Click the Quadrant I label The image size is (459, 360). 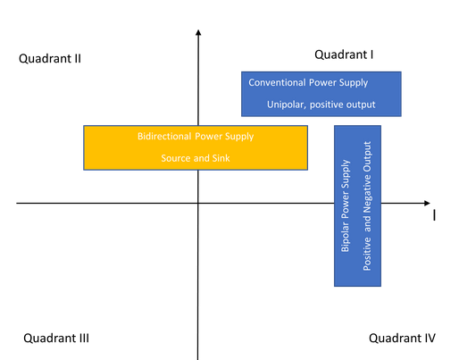pos(344,54)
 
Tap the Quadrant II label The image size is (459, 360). pos(50,59)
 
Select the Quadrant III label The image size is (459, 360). pos(56,339)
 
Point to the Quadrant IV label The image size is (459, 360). pos(402,339)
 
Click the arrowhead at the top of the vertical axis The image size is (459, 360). pos(198,31)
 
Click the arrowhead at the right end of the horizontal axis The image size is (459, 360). pos(428,203)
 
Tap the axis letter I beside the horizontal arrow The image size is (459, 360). pos(434,215)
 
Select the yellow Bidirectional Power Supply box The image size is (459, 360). pos(196,147)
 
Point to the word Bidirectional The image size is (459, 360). pos(164,137)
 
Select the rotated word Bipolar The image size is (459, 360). pos(345,236)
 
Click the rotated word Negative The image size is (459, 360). pos(367,194)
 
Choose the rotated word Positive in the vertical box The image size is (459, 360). pos(367,254)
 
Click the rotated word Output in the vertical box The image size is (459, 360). pos(367,156)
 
